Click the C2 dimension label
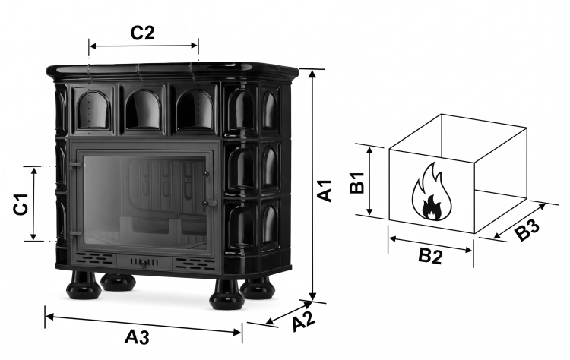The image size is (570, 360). [x=143, y=33]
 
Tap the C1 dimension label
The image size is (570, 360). [x=21, y=204]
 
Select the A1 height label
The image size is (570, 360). [x=325, y=190]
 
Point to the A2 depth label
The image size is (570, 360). [x=303, y=320]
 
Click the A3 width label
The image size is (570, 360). [x=137, y=336]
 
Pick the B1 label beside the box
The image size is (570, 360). [x=357, y=183]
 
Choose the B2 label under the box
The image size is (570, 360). [x=430, y=256]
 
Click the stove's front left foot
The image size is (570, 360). [x=84, y=285]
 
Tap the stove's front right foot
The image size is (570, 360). [x=226, y=295]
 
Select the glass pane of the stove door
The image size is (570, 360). [x=144, y=202]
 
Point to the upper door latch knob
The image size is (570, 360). [x=206, y=175]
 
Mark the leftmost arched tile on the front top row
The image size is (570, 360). [x=93, y=110]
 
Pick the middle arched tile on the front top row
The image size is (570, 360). [x=143, y=109]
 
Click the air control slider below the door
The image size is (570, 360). [x=144, y=263]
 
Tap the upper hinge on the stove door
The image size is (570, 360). [x=75, y=164]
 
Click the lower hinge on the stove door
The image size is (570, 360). [x=75, y=234]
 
